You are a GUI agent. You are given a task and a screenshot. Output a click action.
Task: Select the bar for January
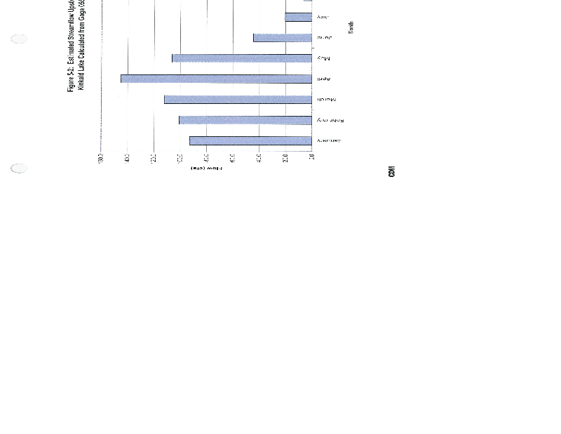[250, 141]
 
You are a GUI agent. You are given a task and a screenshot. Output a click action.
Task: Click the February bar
[245, 120]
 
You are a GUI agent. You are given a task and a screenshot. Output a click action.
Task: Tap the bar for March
[238, 100]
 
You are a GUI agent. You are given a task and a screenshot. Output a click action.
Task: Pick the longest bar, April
[216, 79]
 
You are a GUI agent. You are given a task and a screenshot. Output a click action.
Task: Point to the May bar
[242, 58]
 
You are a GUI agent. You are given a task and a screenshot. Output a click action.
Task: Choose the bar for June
[283, 37]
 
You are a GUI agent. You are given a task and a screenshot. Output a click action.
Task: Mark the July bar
[299, 17]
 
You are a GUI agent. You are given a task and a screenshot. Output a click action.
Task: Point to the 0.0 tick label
[312, 157]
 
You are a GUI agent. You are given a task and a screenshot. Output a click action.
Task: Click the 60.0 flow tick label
[233, 157]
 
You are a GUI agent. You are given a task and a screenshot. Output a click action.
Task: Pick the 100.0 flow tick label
[180, 157]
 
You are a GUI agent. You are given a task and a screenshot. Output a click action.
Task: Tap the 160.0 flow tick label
[101, 157]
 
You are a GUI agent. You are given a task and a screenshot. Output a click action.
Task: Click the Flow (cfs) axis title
[207, 169]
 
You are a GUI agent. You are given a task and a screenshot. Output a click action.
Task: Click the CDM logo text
[391, 171]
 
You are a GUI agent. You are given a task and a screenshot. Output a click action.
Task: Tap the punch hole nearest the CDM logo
[19, 168]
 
